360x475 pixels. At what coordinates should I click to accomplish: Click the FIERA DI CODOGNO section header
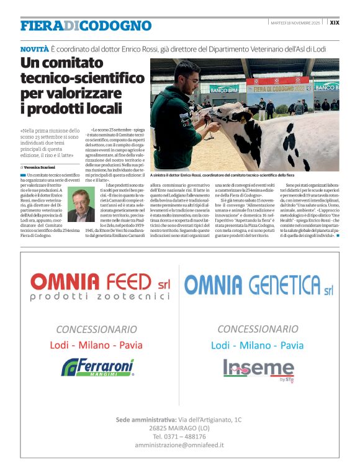coord(86,25)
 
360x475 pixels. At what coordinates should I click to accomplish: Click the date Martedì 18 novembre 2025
coord(295,22)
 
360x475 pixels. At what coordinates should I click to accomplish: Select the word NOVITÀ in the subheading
coord(34,48)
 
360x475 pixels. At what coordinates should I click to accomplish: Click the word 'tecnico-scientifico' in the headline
coord(83,79)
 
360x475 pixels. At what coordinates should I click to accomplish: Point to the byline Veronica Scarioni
coord(42,167)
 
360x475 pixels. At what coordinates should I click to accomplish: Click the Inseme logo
coord(259,368)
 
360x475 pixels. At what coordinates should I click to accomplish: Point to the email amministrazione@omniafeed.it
coord(179,445)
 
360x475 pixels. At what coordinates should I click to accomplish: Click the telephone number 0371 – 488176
coord(179,437)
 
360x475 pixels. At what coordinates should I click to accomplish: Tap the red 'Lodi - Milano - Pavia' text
coord(96,344)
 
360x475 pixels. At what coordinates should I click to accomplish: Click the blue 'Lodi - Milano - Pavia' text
coord(258,345)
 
